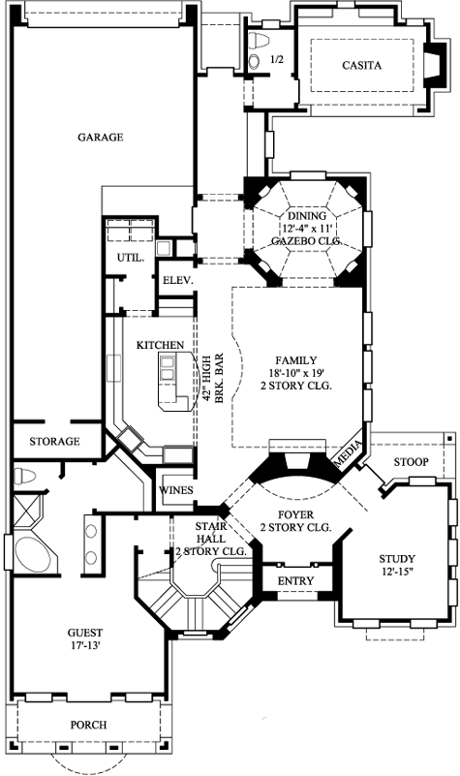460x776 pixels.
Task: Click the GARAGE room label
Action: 101,137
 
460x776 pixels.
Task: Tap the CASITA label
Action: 362,66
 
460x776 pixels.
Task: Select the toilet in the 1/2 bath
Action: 257,58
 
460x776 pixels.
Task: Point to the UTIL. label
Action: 131,259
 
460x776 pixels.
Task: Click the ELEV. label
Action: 178,280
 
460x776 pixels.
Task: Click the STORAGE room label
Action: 54,442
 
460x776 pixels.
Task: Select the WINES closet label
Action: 176,490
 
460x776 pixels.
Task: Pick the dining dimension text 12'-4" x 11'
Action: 300,227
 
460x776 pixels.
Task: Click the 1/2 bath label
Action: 276,60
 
